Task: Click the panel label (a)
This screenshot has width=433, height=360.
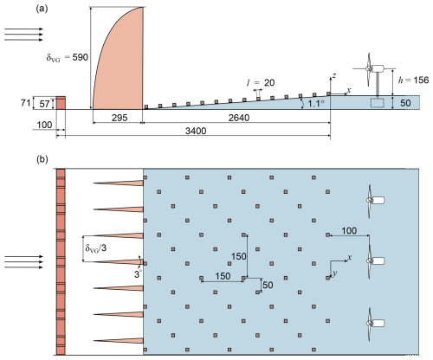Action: (42, 9)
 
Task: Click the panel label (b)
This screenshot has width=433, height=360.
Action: (42, 159)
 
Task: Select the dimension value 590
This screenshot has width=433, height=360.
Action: (80, 57)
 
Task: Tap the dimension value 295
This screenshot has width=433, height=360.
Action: (120, 118)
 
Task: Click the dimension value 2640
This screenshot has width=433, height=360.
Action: (239, 118)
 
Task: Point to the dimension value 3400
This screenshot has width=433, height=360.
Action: (196, 131)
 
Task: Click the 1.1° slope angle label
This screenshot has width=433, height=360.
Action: (316, 103)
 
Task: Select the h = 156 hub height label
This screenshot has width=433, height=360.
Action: (413, 80)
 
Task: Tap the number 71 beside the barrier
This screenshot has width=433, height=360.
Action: (25, 102)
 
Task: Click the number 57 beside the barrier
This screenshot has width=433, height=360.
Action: (44, 104)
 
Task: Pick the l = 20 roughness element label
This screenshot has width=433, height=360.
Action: (261, 83)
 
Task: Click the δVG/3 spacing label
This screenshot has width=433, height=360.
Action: (95, 247)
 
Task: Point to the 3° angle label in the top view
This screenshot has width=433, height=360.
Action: (138, 273)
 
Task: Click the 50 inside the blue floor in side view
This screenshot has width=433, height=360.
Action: (405, 103)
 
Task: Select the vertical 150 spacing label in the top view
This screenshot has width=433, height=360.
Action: (239, 256)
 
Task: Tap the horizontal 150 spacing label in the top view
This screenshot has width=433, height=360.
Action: (223, 276)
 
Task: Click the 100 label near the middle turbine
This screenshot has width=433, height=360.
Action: (349, 231)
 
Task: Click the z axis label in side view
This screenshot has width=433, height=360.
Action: (334, 75)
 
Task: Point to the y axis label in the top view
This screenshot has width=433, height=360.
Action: (335, 273)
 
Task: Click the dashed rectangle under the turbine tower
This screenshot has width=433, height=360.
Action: (378, 103)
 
